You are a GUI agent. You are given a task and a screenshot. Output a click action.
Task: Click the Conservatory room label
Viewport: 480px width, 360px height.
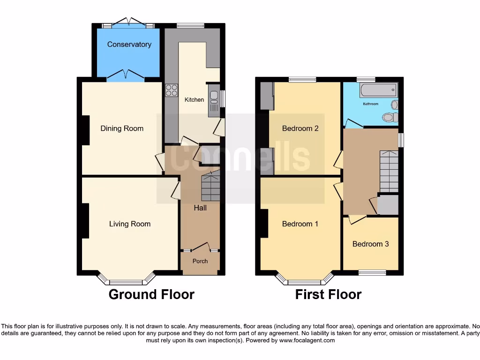(x=129, y=45)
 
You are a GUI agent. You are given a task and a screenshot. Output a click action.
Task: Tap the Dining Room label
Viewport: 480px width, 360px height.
(x=122, y=128)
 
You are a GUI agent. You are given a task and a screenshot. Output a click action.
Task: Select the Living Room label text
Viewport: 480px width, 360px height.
(x=130, y=224)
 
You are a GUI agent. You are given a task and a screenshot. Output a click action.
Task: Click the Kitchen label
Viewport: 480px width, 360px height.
(x=194, y=100)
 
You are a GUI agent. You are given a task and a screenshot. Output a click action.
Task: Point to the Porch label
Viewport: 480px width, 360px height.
(x=200, y=261)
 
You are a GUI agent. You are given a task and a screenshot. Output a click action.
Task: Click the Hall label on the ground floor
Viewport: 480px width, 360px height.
(x=200, y=208)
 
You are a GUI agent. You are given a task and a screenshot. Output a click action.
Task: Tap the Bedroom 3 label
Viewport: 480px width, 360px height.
(x=370, y=244)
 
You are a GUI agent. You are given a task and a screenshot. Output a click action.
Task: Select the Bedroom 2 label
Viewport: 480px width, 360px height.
(x=300, y=128)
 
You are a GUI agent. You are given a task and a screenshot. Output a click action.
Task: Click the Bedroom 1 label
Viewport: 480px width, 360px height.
(x=300, y=224)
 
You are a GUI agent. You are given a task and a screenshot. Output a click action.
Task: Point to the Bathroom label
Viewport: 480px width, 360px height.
(x=370, y=104)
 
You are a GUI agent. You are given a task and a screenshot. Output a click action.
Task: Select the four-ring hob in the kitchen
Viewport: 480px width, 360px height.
(x=171, y=90)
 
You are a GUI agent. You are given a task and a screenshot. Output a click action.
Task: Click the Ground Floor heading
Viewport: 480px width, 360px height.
(x=151, y=294)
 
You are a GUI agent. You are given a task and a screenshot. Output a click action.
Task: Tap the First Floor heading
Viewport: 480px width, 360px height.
(x=328, y=294)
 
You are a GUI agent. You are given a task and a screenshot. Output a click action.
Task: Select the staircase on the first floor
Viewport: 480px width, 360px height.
(x=389, y=171)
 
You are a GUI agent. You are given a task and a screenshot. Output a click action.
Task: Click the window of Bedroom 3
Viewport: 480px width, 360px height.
(x=372, y=272)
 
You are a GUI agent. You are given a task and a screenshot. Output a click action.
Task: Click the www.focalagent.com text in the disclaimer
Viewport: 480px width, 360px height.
(x=307, y=340)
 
